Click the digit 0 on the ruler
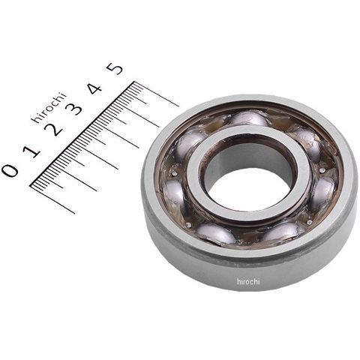point(10,170)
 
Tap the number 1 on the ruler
point(31,151)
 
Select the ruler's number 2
point(53,130)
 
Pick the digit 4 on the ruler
point(94,88)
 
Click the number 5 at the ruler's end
point(115,68)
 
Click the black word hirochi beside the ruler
point(49,108)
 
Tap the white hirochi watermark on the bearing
point(248,281)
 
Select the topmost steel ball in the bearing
point(250,118)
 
